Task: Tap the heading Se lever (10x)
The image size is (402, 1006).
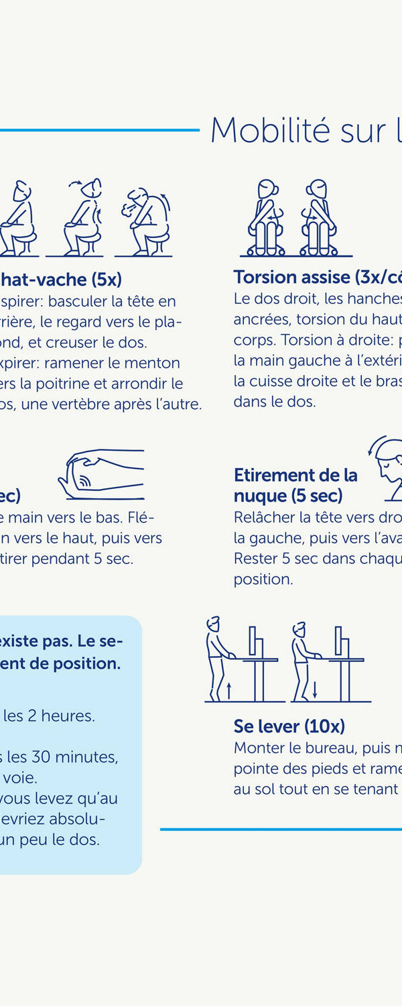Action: pyautogui.click(x=289, y=726)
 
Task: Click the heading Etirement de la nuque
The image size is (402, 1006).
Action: pyautogui.click(x=295, y=485)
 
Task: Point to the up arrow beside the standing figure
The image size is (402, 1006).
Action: pyautogui.click(x=228, y=690)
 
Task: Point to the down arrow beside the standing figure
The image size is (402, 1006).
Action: pyautogui.click(x=314, y=690)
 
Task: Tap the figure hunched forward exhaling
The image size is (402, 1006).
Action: pyautogui.click(x=145, y=219)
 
